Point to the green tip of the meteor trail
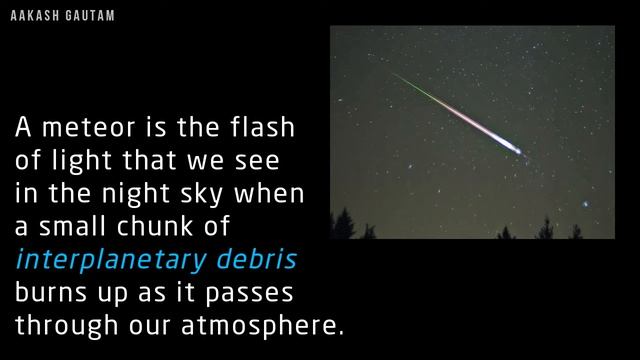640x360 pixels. click(x=397, y=76)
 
